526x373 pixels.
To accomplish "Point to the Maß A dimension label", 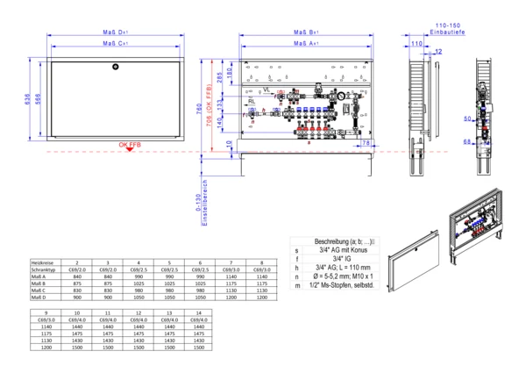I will click(x=303, y=42).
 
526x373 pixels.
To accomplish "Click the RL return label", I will click(x=251, y=102).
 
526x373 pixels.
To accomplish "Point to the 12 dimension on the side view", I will click(x=438, y=53).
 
